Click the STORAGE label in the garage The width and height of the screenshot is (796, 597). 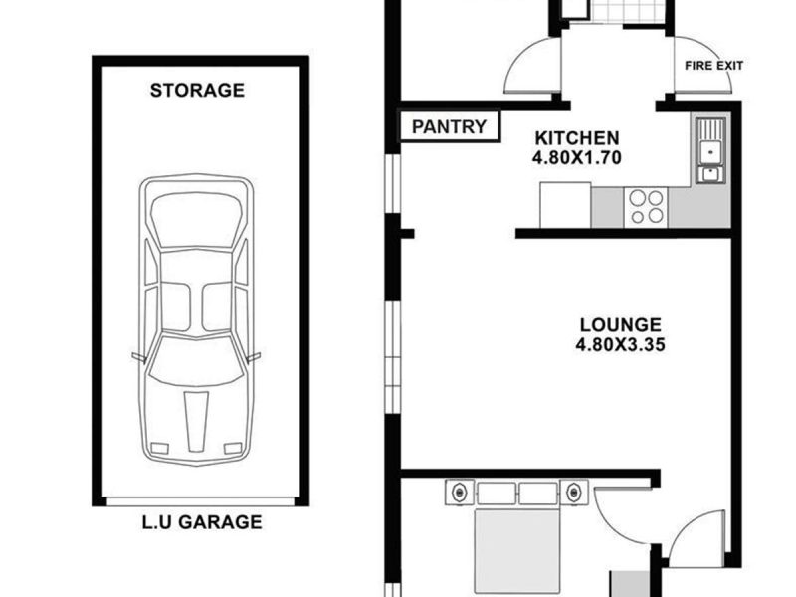tap(197, 90)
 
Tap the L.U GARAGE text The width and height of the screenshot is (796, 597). tap(202, 521)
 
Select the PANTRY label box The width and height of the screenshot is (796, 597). tap(450, 126)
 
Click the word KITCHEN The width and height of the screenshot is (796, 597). tap(577, 138)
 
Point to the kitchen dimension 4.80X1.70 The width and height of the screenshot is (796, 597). tap(577, 158)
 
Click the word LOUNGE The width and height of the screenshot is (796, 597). tap(620, 325)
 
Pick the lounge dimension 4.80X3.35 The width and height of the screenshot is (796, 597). tap(620, 345)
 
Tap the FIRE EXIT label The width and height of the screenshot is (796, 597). tap(713, 66)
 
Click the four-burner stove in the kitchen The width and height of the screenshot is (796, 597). tap(645, 207)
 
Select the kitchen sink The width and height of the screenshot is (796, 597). tap(709, 150)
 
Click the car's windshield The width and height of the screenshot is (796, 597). tap(195, 358)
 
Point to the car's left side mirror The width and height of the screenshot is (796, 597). tap(139, 357)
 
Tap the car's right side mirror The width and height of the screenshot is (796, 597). tap(254, 357)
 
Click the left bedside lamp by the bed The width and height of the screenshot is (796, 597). tap(460, 492)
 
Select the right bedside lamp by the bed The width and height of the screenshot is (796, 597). tap(574, 492)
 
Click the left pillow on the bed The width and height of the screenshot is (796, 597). tap(497, 494)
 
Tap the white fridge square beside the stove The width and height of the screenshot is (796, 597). tap(565, 205)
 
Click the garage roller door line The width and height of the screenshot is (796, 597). tap(201, 502)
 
